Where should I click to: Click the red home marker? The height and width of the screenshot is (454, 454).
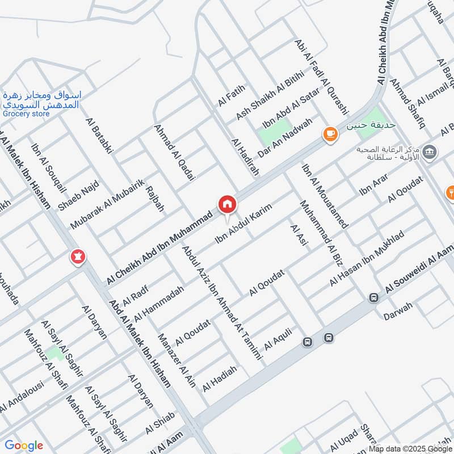pos(227,203)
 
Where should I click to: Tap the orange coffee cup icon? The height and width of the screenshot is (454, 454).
pos(330,134)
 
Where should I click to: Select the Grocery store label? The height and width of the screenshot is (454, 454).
pos(26,113)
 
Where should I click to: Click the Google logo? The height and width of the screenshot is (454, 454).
pos(23,445)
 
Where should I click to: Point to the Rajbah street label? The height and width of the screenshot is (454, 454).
pos(155,198)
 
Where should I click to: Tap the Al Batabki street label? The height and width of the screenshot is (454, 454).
pos(100,135)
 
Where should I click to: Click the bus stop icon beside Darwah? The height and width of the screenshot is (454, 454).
pos(373,297)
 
